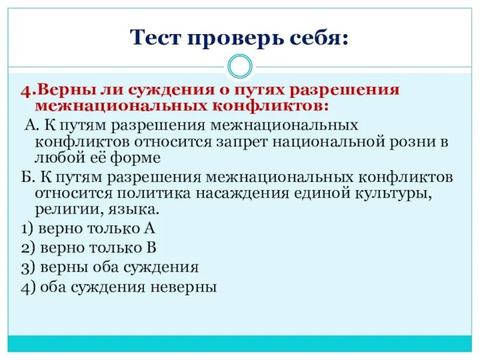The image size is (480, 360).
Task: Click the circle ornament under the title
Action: point(240,65)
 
